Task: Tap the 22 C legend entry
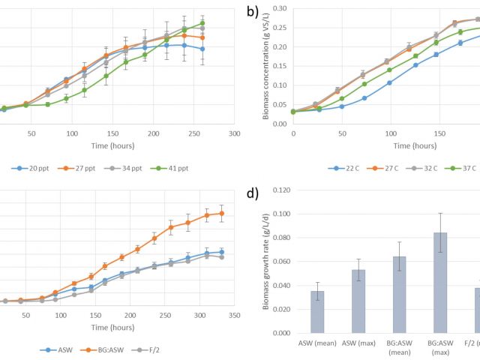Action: pyautogui.click(x=346, y=166)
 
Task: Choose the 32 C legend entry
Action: pyautogui.click(x=433, y=166)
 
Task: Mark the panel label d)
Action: pyautogui.click(x=253, y=193)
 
